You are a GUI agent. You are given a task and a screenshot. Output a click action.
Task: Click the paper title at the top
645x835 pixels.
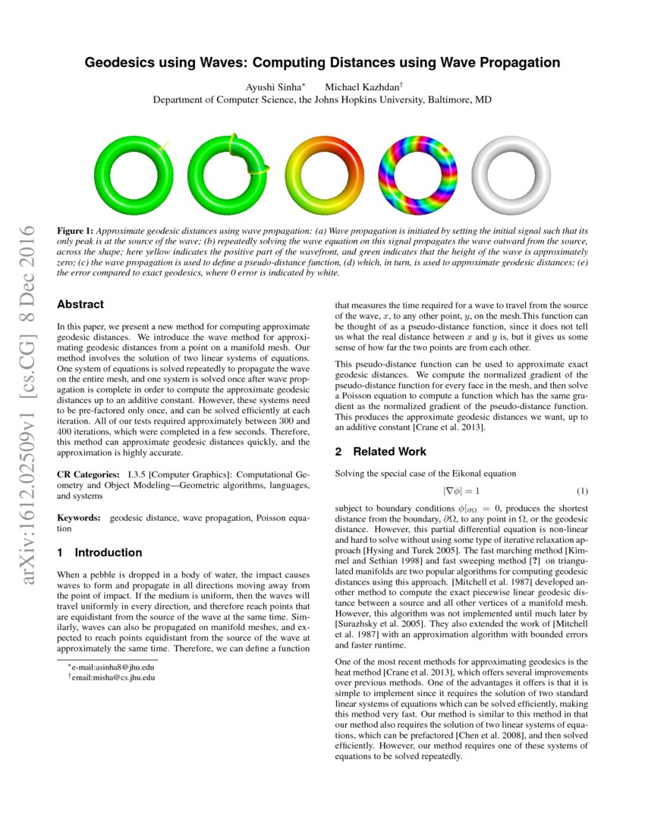tap(322, 62)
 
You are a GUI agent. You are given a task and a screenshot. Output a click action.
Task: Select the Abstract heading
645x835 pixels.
tap(80, 304)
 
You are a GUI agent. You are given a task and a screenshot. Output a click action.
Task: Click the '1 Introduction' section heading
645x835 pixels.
tap(99, 552)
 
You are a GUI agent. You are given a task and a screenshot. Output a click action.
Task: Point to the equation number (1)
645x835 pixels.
tap(582, 491)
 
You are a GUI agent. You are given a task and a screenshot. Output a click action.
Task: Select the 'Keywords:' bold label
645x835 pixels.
tap(79, 518)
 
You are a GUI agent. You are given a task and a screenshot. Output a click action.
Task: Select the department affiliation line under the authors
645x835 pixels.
tap(322, 100)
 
